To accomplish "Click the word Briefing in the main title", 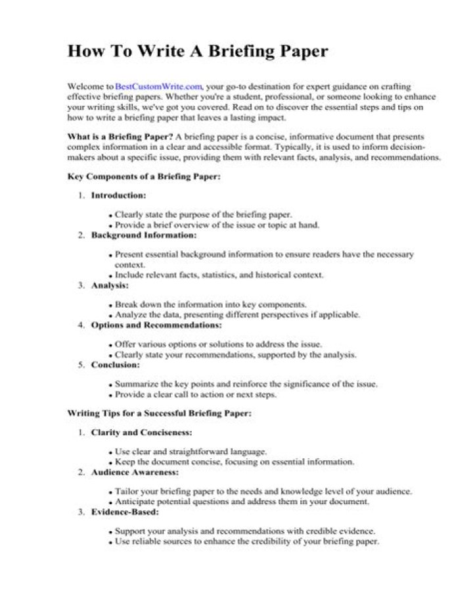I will point(233,52).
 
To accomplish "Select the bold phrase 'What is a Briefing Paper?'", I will point(116,137).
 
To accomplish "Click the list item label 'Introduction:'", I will point(118,195).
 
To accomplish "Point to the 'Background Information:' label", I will point(143,235).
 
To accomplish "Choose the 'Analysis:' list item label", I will point(110,285).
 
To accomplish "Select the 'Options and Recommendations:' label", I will point(156,325).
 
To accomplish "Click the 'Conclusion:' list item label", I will point(115,364).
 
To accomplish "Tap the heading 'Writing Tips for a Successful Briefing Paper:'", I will point(160,413).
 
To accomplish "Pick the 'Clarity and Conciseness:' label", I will point(141,433).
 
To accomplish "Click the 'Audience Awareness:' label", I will point(134,472).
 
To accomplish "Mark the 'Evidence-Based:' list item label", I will point(125,511).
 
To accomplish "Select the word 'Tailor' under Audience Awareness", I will point(125,492).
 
